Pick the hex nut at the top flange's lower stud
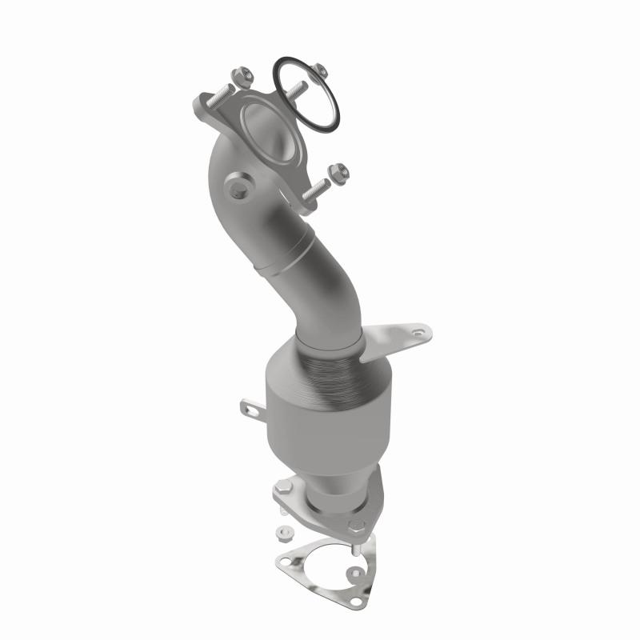click(x=334, y=169)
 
